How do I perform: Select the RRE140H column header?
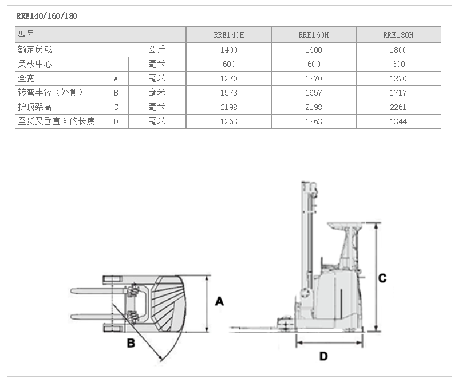click(x=228, y=35)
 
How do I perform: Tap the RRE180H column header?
click(x=398, y=35)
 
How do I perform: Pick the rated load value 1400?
click(x=228, y=50)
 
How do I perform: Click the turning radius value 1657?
click(x=314, y=93)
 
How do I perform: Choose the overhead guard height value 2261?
click(x=398, y=107)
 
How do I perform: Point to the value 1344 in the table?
click(x=398, y=121)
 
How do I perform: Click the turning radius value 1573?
click(x=228, y=93)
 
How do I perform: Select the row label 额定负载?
click(x=35, y=50)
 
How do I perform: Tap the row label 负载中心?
click(x=35, y=64)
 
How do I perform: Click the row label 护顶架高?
click(x=35, y=107)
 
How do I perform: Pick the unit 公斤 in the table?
click(x=156, y=50)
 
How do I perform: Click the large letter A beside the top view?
click(x=219, y=301)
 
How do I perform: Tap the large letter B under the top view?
click(x=131, y=343)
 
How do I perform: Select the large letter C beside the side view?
click(x=382, y=278)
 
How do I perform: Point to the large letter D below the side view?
click(x=323, y=356)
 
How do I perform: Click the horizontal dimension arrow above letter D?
click(x=329, y=343)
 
